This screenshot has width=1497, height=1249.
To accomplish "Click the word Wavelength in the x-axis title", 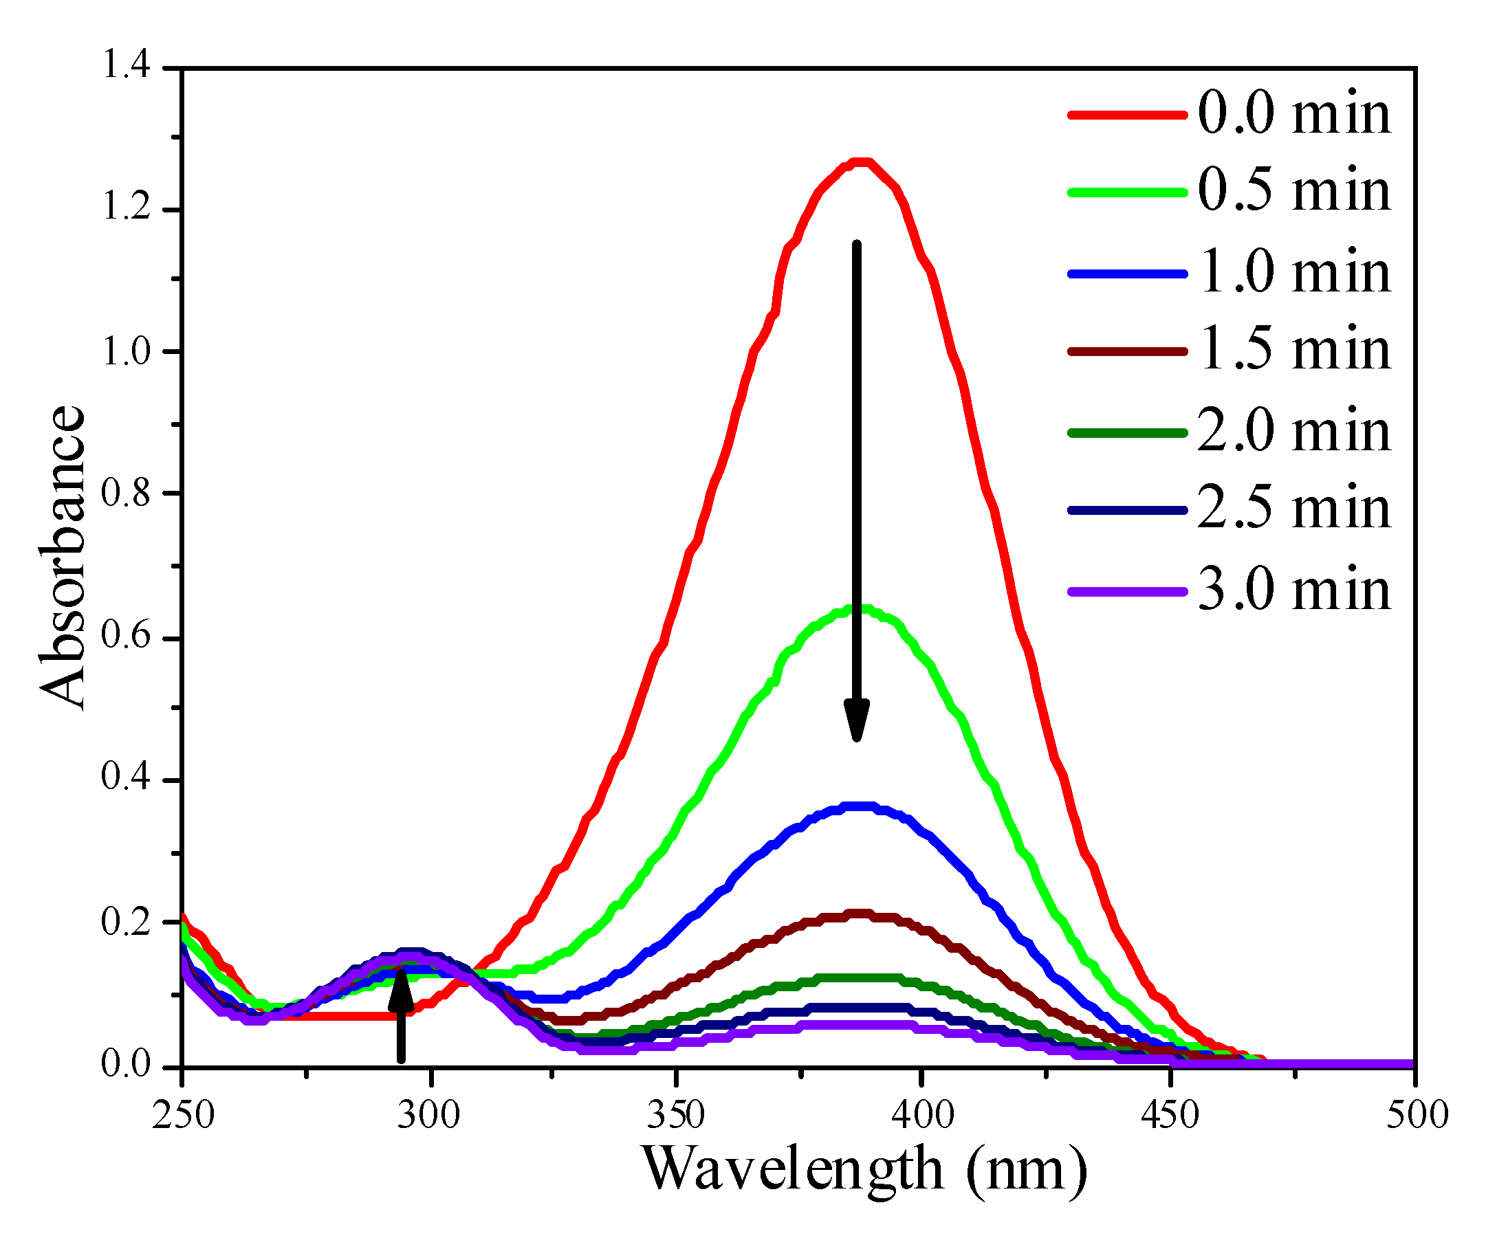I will (x=793, y=1170).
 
